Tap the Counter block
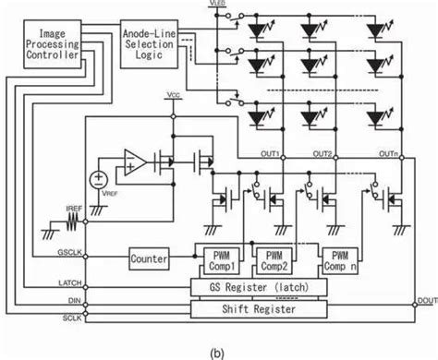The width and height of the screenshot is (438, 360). (149, 259)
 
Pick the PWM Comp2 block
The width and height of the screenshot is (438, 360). (276, 259)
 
